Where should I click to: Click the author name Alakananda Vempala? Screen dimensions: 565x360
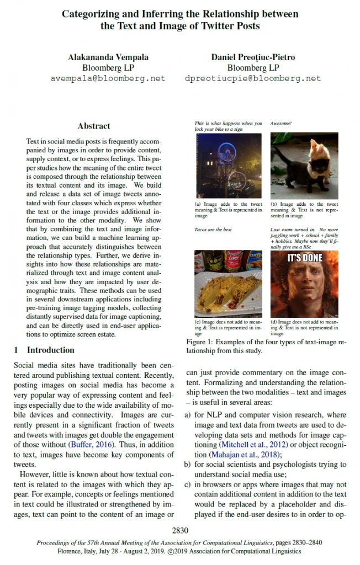(x=108, y=57)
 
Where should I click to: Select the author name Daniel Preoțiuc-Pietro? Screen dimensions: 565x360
(x=253, y=57)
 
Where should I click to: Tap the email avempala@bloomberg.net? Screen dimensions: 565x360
(x=108, y=78)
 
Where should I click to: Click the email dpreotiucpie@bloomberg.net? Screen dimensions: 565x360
(x=253, y=78)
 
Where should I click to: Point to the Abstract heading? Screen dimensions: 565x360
(x=94, y=126)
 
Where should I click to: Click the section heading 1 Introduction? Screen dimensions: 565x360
(x=44, y=350)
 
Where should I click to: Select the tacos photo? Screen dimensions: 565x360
(x=228, y=284)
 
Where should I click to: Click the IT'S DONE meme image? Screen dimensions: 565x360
(x=304, y=284)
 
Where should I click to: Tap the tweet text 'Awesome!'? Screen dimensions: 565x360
(x=281, y=123)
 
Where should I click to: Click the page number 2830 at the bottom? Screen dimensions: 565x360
(x=180, y=531)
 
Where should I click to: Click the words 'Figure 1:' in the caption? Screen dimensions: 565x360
(x=201, y=342)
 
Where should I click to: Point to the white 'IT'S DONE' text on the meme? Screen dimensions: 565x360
(x=304, y=258)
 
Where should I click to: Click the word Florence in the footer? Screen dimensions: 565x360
(x=71, y=550)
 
